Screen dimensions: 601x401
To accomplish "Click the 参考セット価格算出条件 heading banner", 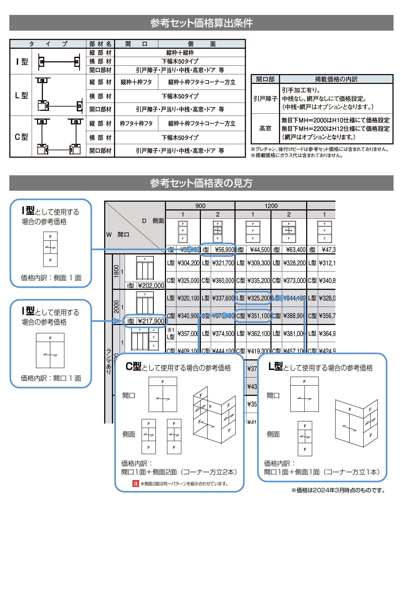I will point(201,23).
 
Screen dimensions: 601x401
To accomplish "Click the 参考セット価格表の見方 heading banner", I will point(201,183).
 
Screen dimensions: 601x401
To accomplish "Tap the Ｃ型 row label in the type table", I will point(21,137).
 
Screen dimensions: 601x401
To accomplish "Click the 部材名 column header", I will point(100,44).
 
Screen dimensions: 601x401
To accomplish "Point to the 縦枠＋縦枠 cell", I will point(180,53).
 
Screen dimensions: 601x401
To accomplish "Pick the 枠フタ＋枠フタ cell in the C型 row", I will point(136,124).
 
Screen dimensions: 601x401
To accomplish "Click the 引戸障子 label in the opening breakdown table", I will point(265,99).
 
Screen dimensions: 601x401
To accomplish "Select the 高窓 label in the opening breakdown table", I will point(265,129).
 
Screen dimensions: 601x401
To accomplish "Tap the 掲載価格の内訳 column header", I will point(336,79).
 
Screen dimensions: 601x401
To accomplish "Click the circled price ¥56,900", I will point(224,250).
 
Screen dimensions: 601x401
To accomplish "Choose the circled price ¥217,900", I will point(151,321).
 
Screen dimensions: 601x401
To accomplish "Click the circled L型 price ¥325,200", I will point(258,298).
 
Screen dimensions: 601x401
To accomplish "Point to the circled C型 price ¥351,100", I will point(258,316).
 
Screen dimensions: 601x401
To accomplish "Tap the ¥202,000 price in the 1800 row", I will point(151,286).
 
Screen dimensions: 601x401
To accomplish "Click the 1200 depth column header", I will point(271,206).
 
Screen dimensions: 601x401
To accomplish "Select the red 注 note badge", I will point(136,484).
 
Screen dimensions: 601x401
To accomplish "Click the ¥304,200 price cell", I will point(188,263).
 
